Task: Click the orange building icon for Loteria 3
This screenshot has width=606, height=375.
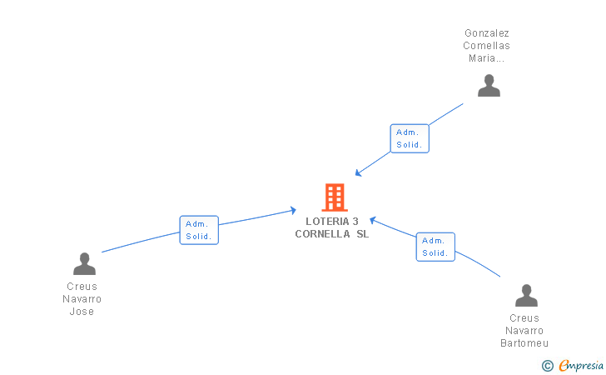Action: tap(334, 197)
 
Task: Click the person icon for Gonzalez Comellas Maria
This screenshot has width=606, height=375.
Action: tap(489, 86)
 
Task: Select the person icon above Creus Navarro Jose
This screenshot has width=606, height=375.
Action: tap(84, 264)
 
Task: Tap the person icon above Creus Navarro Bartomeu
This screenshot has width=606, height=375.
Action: tap(526, 296)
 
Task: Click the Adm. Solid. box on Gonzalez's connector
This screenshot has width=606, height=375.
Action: tap(410, 138)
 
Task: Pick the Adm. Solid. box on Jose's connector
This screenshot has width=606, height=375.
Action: tap(199, 230)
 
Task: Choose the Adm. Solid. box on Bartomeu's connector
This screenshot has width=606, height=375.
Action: tap(435, 247)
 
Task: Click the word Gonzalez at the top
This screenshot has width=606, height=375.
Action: tap(487, 33)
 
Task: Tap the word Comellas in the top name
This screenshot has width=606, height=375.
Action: tap(487, 46)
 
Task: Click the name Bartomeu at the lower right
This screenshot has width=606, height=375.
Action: tap(524, 343)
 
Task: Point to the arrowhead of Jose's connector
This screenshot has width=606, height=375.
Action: tap(294, 210)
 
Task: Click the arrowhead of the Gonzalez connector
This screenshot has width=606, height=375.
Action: tap(358, 172)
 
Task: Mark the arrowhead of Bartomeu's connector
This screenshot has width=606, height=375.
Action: tap(373, 220)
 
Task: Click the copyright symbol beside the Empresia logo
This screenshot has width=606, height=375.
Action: tap(547, 365)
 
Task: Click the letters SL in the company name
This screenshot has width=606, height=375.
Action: tap(362, 234)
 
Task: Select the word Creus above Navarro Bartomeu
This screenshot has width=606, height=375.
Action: tap(524, 318)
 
